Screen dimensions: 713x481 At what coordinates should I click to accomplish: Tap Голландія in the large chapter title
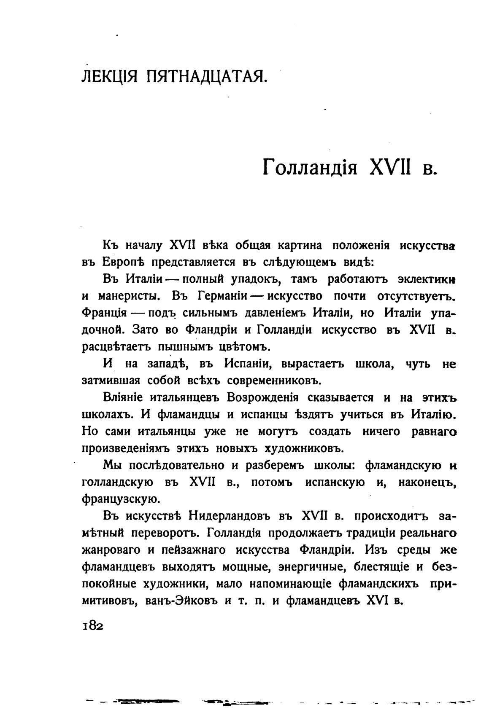pos(310,168)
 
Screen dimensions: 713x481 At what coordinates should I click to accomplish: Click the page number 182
pos(93,625)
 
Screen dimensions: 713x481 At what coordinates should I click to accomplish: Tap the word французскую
pos(121,500)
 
